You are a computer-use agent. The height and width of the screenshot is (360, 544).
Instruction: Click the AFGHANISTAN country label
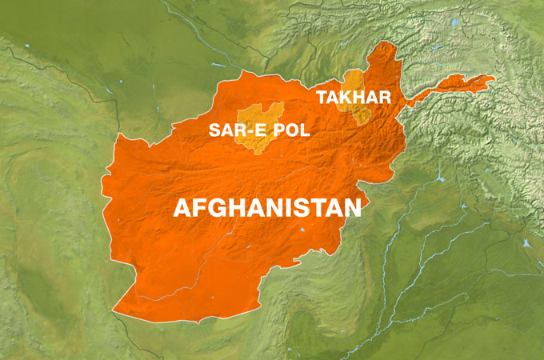[267, 208]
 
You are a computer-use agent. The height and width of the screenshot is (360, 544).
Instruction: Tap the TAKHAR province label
[353, 98]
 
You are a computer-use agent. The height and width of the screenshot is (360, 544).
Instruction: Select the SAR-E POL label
[259, 130]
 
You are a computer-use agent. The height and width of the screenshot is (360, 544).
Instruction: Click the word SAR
[226, 130]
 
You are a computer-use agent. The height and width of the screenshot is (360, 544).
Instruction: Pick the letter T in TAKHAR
[322, 98]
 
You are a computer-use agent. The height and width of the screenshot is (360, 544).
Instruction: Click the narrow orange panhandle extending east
[456, 83]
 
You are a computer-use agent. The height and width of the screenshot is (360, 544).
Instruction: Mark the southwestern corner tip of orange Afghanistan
[115, 309]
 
